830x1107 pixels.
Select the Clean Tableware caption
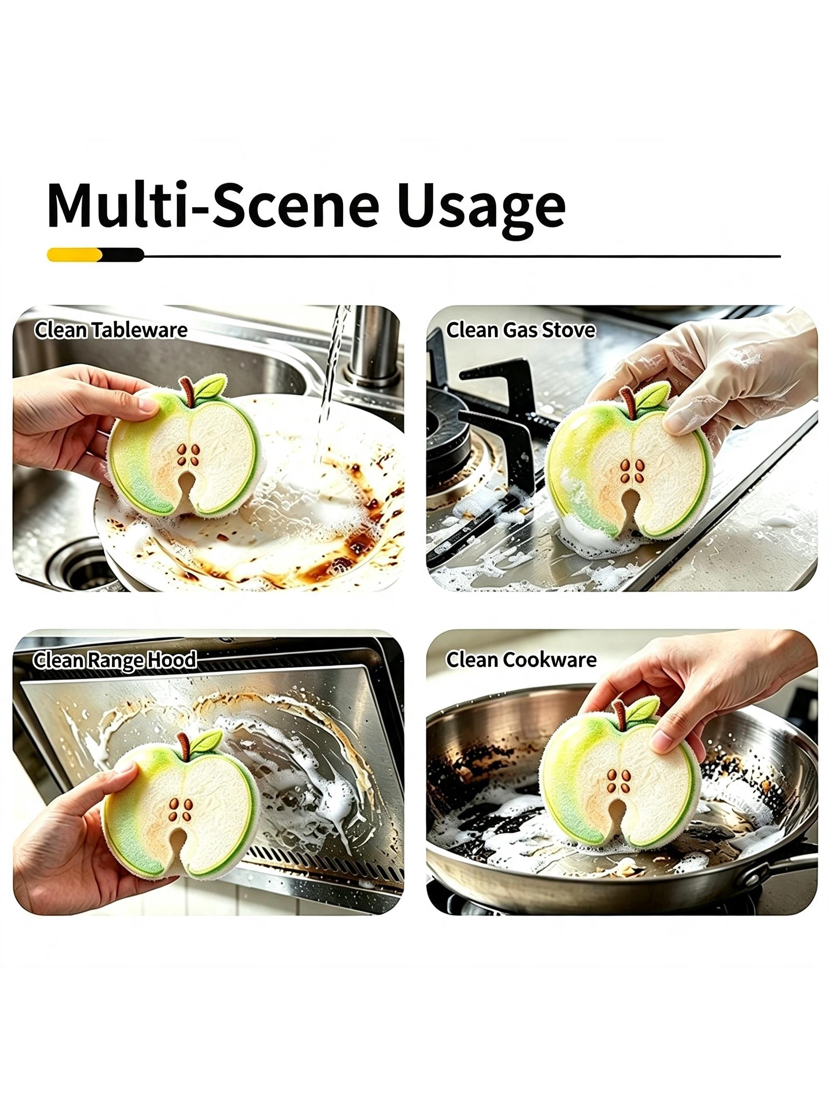coord(111,330)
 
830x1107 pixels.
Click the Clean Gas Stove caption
coord(521,330)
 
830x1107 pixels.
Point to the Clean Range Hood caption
coord(115,660)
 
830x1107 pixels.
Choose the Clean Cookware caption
coord(521,659)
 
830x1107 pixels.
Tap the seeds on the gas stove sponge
coord(632,471)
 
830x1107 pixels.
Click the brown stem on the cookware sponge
coord(620,715)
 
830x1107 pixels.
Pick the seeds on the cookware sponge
coord(618,781)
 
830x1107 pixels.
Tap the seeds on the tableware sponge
coord(188,456)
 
